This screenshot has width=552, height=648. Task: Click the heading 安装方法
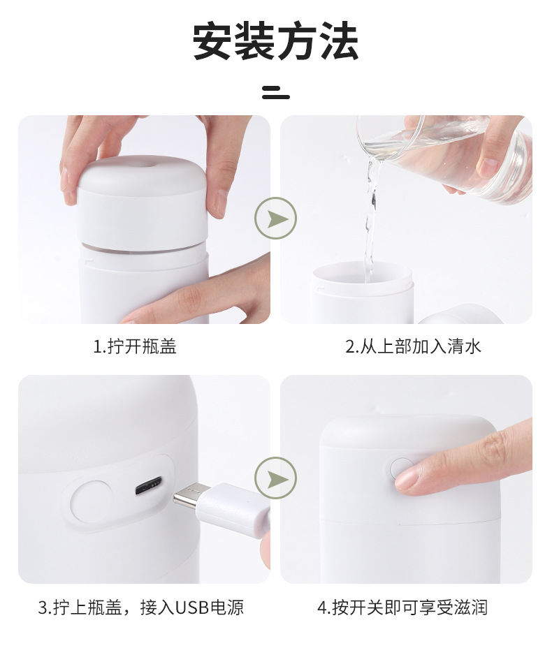[275, 41]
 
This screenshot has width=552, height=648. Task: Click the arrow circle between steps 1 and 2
[276, 218]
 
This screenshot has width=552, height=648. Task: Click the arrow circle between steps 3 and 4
[276, 478]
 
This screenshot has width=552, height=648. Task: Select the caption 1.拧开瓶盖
[135, 346]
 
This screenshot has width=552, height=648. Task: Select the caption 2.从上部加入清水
[413, 346]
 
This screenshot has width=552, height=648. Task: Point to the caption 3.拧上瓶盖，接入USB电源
[141, 607]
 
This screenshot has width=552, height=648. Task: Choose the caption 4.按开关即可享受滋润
[402, 607]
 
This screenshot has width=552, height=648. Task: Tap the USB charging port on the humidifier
[148, 486]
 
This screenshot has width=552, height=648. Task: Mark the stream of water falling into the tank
[371, 219]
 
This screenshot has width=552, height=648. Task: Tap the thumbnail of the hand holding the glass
[490, 166]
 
